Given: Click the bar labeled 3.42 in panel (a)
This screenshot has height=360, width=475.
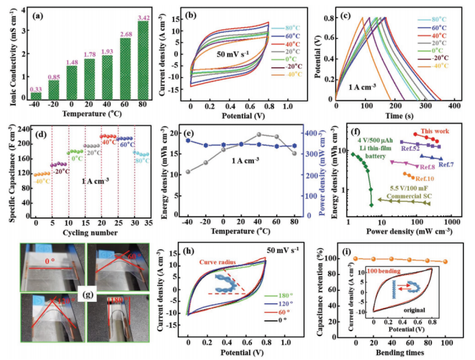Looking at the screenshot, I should click(143, 62).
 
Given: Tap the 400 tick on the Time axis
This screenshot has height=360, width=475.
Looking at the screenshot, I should click(456, 108).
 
